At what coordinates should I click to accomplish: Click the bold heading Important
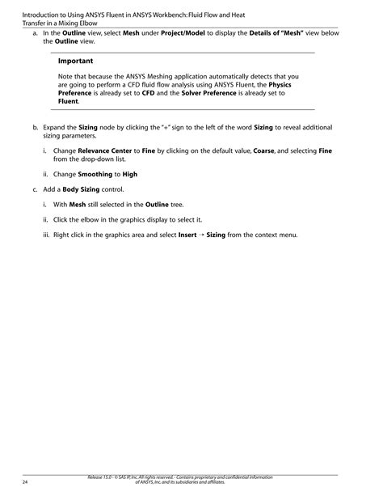point(75,61)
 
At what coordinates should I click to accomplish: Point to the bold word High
point(129,174)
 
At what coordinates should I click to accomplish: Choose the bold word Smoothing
point(95,174)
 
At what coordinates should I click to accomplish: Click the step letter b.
point(35,128)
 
